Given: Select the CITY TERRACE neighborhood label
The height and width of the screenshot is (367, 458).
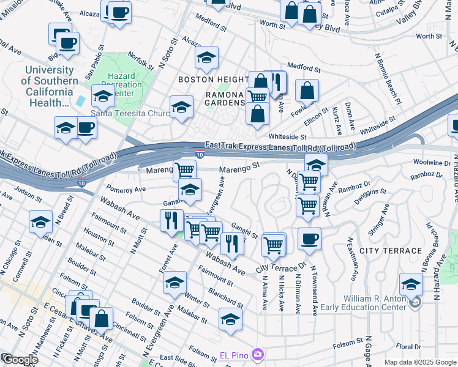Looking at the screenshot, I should (x=391, y=251).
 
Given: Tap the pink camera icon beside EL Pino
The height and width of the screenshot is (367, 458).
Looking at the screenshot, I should (x=258, y=354).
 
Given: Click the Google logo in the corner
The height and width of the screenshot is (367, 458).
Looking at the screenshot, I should (x=20, y=360).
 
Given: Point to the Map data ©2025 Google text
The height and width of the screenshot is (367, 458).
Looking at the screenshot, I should (x=420, y=362).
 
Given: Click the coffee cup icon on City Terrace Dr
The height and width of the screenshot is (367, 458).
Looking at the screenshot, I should (x=310, y=238).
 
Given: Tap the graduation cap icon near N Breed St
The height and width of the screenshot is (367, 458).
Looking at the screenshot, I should (x=40, y=221).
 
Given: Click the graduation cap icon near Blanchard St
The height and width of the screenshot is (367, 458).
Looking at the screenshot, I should (x=230, y=319).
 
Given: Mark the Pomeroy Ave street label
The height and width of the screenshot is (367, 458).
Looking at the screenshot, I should (x=126, y=190).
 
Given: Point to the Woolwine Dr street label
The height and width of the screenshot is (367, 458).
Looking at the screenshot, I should (x=432, y=163).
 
